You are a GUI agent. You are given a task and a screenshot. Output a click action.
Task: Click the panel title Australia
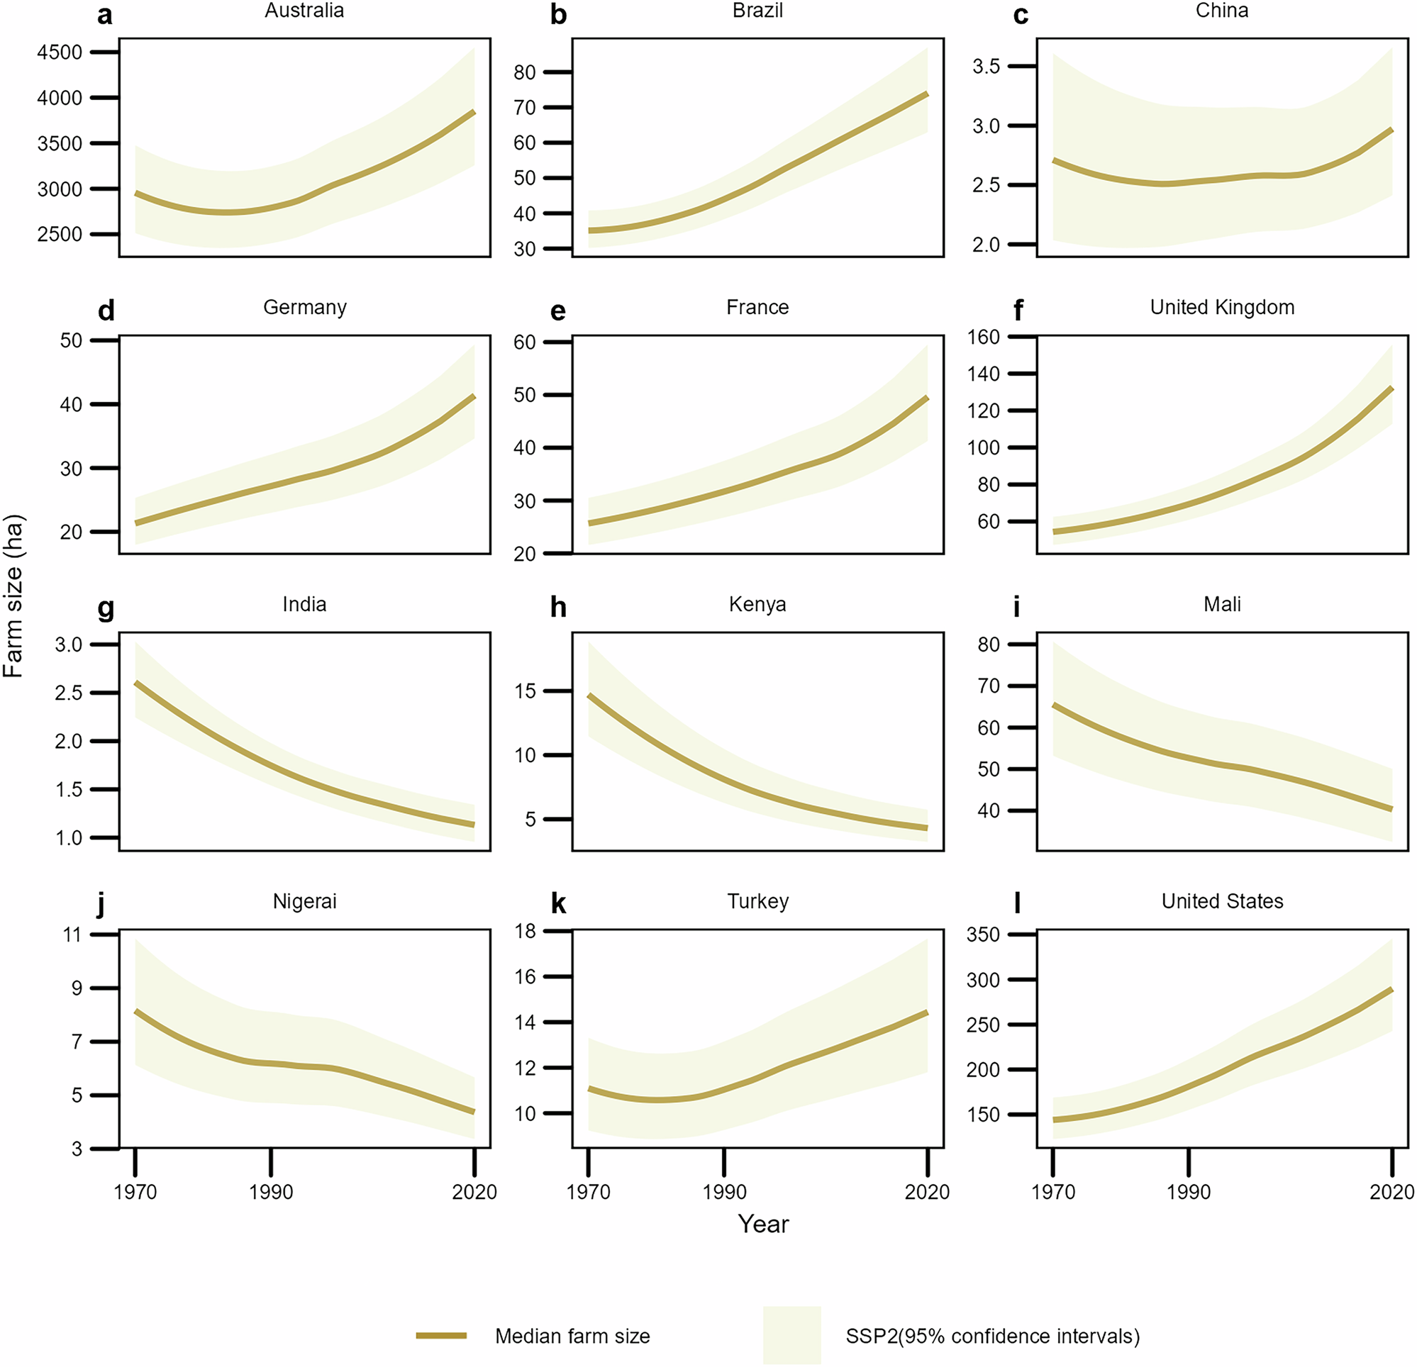tap(304, 11)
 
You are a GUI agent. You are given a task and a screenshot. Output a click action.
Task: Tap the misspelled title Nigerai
tap(304, 901)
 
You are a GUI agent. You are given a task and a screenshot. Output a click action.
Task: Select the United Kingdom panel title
tap(1222, 307)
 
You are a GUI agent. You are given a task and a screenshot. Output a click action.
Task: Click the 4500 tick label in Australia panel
tap(60, 52)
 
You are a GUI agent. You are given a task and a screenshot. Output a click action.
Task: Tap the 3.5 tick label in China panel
tap(985, 67)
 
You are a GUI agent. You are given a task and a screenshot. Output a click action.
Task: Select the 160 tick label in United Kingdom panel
tap(983, 337)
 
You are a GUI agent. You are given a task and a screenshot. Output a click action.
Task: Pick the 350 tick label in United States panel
tap(983, 934)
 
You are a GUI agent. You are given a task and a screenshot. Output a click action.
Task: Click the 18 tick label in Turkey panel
tap(526, 931)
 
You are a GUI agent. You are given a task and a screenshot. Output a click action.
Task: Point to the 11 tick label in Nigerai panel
tap(72, 934)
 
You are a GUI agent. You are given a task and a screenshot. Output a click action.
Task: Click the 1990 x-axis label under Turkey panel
tap(723, 1192)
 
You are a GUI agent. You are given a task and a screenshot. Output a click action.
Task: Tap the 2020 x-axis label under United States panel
tap(1391, 1192)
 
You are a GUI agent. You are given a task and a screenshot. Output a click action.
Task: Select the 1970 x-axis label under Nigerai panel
tap(135, 1192)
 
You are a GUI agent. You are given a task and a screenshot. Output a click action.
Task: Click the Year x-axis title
tap(762, 1224)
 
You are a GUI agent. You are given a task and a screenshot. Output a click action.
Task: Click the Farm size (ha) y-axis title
tap(13, 596)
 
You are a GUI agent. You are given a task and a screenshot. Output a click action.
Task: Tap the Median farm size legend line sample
tap(441, 1336)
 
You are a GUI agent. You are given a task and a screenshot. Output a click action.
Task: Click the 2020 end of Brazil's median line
tap(927, 94)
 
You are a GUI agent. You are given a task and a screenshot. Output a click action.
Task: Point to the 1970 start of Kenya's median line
tap(589, 696)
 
